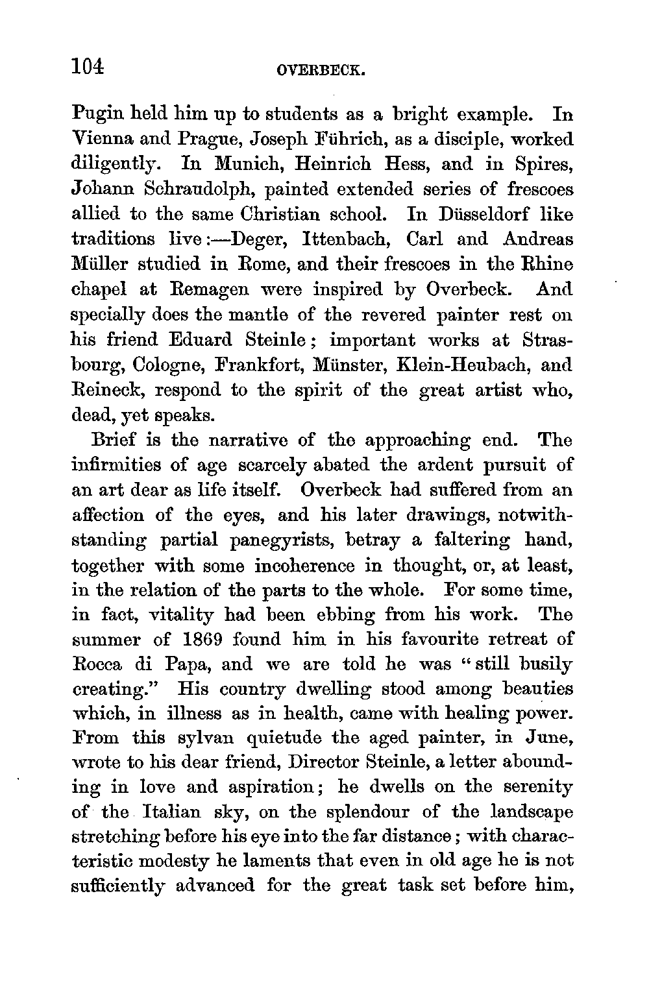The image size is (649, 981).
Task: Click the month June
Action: tap(549, 738)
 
